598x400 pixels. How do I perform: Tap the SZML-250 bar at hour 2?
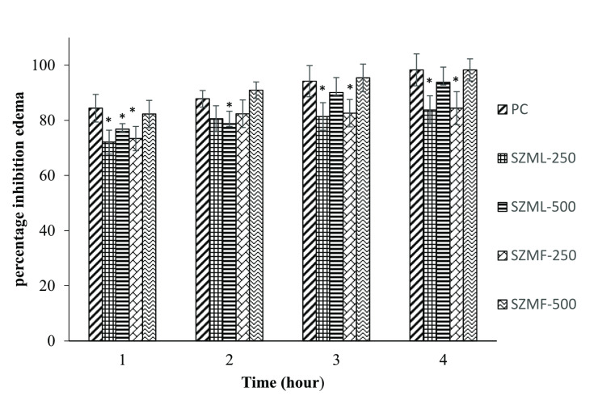pos(216,229)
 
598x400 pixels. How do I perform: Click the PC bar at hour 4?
pos(416,205)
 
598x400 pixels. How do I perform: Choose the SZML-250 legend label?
pos(543,158)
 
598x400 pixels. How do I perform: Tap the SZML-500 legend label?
pos(543,206)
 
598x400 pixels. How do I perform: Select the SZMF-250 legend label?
pos(543,255)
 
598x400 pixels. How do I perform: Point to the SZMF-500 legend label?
pos(543,304)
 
